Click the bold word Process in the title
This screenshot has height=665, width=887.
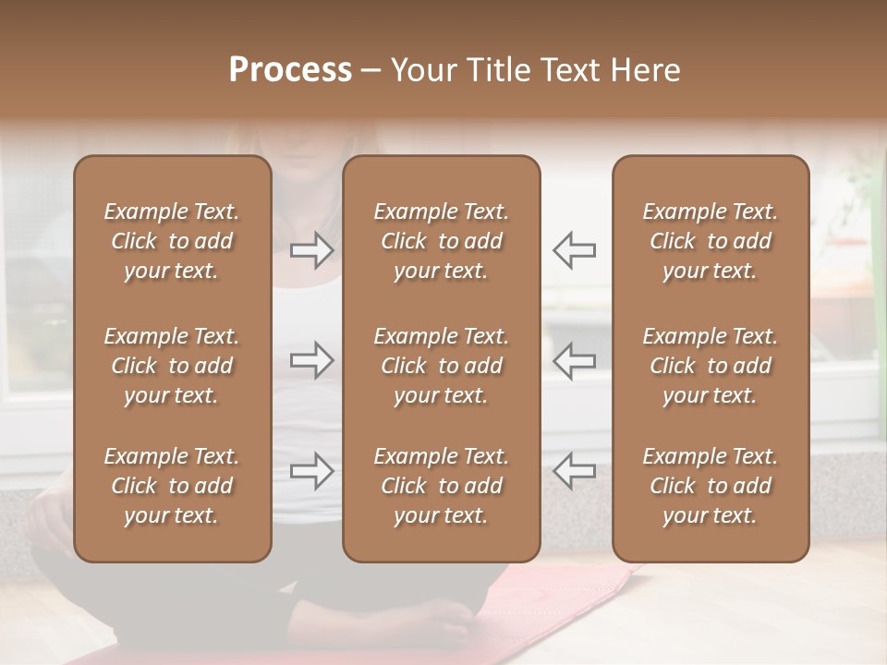(x=290, y=70)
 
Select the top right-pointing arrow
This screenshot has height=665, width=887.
(x=312, y=249)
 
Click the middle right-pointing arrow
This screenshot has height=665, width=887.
(x=312, y=360)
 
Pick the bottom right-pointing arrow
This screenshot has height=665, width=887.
(x=312, y=471)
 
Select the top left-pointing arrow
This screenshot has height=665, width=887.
(x=574, y=249)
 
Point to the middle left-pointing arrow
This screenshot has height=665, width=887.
(x=574, y=360)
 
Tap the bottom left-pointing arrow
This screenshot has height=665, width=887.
(x=574, y=471)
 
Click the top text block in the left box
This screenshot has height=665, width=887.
(x=172, y=241)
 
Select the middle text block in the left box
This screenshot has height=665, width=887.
(x=172, y=366)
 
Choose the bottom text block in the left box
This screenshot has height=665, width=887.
(x=172, y=486)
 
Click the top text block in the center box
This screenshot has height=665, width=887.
(x=441, y=241)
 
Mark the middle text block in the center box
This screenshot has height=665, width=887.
(x=441, y=366)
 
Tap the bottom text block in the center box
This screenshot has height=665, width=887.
(x=441, y=486)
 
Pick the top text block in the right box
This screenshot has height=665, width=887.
(x=710, y=241)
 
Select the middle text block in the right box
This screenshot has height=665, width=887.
(x=710, y=366)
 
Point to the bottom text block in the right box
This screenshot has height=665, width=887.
(x=710, y=486)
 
